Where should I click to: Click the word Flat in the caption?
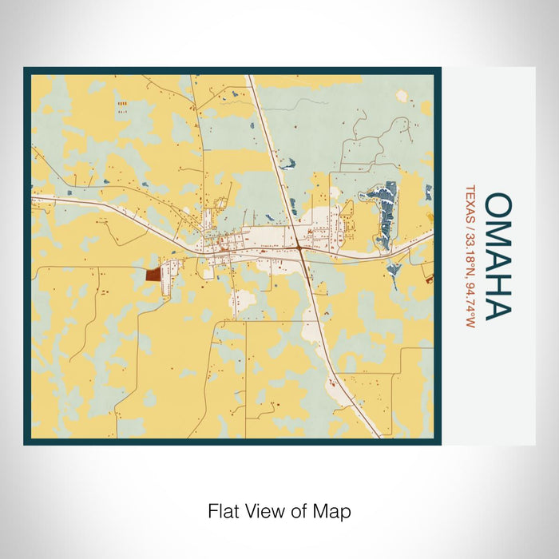point(223,510)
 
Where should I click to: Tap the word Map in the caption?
point(335,510)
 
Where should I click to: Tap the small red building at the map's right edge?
point(429,279)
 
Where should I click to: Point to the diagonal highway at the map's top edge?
point(250,80)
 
